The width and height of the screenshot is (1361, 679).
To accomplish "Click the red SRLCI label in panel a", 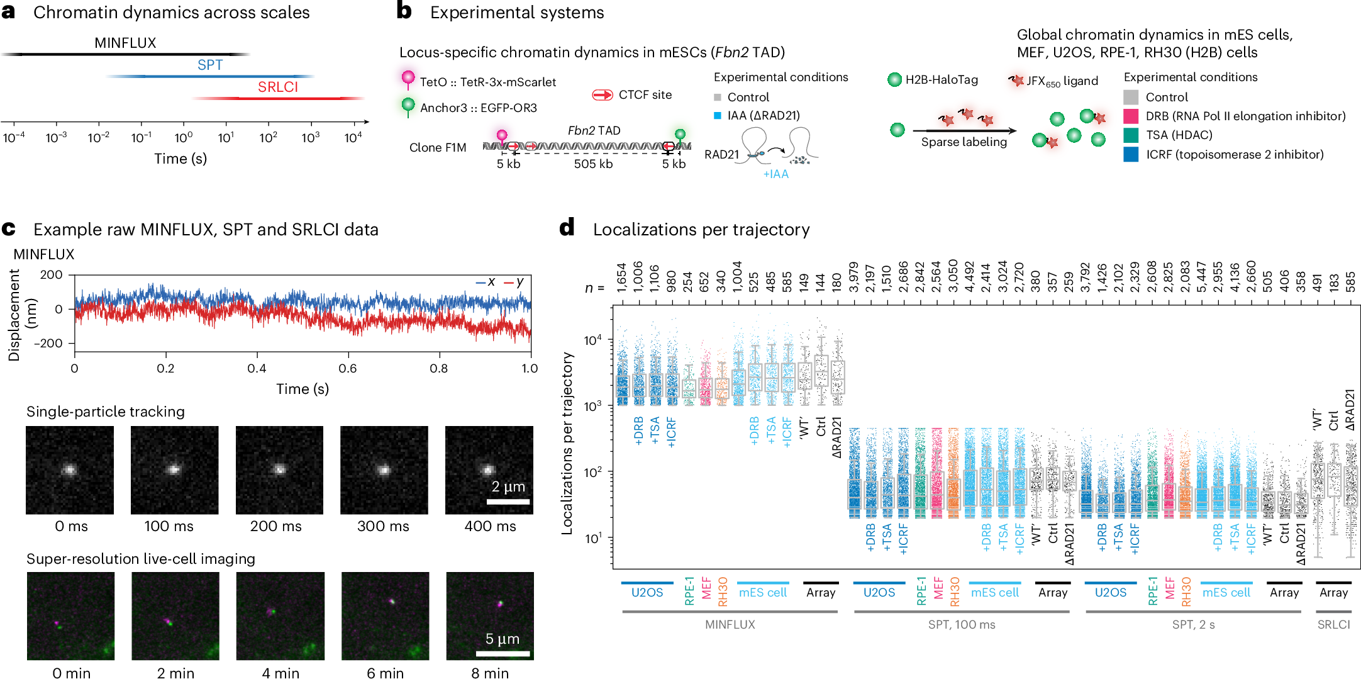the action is pos(277,87).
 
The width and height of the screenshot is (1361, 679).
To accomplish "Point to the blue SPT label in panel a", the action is pos(210,65).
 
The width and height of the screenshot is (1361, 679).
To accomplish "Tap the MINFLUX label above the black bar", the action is pos(125,43).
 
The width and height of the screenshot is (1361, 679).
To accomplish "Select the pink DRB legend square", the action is pos(1131,116).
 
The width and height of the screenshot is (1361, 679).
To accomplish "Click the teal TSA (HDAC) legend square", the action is pos(1131,135).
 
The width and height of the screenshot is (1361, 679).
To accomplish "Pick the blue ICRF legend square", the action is pos(1131,155).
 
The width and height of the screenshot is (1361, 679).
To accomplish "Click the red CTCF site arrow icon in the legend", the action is pos(603,95).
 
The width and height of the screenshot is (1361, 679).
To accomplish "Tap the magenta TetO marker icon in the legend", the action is pos(408,79).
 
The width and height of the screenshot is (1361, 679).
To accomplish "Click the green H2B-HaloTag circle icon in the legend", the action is pos(894,80).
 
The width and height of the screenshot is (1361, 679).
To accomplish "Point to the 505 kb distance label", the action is pos(593,164).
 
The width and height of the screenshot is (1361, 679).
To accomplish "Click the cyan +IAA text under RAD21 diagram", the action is pos(775,174).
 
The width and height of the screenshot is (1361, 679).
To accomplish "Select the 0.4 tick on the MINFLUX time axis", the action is pos(257,368).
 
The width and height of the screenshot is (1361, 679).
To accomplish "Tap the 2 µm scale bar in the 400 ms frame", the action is pos(508,502).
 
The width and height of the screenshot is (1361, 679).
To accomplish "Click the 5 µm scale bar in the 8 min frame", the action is pos(503,654).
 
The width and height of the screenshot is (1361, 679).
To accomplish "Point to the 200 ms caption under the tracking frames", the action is pos(275,526).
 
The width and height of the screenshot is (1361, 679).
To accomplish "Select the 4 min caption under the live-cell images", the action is pos(281,673).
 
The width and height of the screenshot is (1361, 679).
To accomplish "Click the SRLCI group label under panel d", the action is pos(1333,625).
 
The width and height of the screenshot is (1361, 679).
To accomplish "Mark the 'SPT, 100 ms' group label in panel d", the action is pos(962,625).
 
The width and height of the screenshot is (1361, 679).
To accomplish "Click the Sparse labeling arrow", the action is pos(965,131).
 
